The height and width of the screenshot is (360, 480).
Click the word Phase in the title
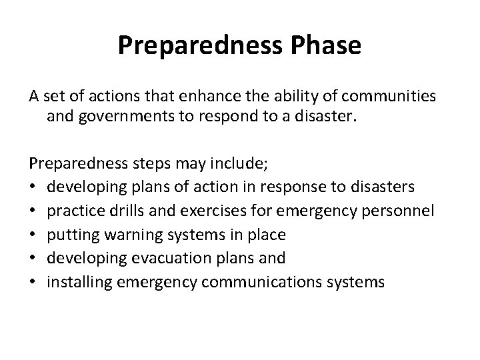pos(325,45)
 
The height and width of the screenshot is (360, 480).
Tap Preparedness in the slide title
pos(198,45)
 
